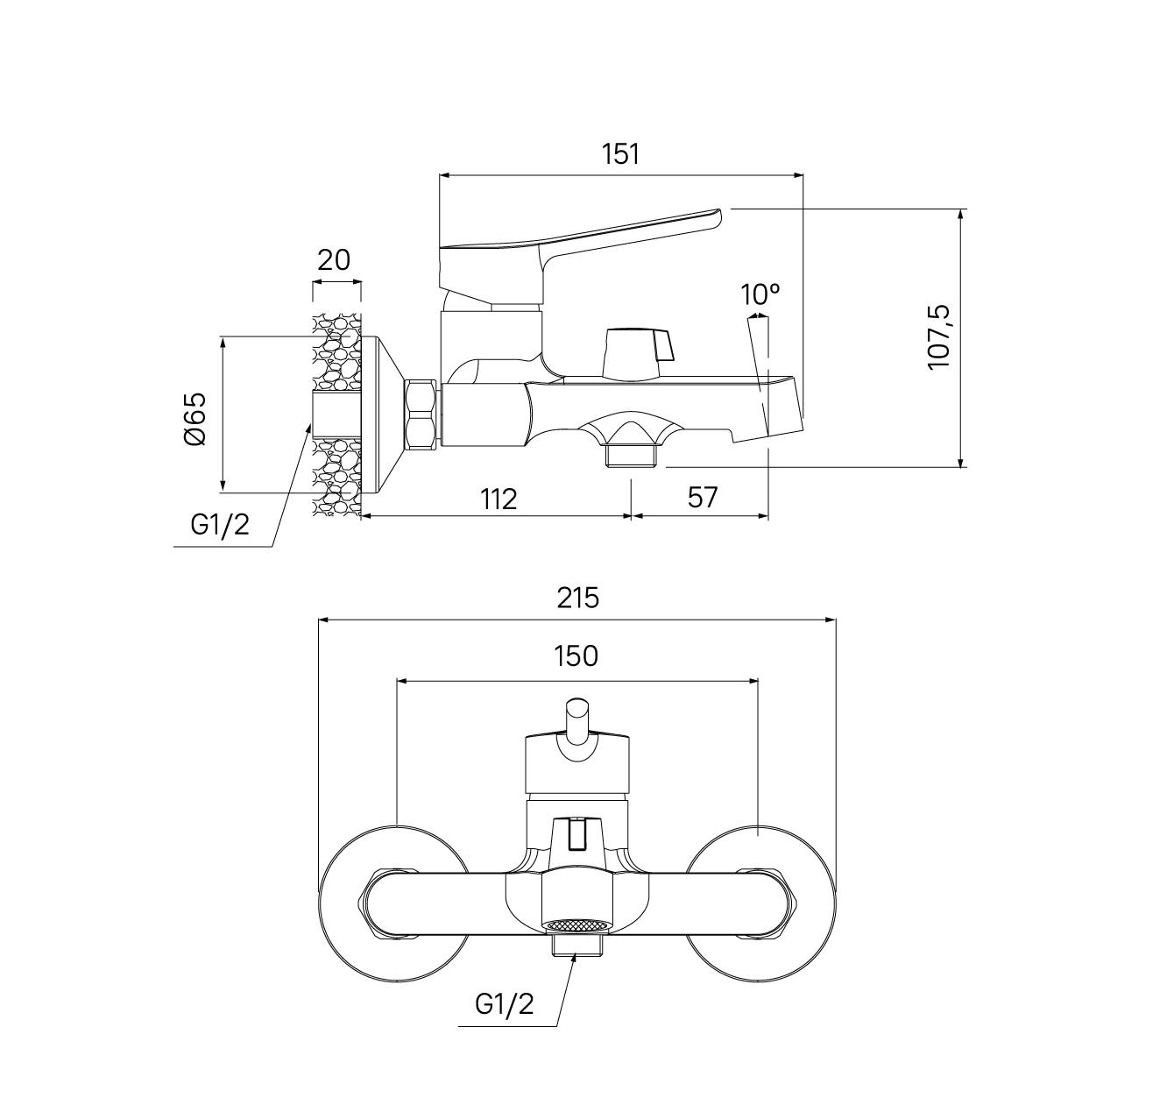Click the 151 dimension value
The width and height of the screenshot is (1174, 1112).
tap(619, 153)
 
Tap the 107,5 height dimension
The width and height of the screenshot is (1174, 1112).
tap(938, 337)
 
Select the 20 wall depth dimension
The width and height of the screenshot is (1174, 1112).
tap(333, 260)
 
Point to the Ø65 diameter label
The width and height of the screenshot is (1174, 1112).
tap(195, 418)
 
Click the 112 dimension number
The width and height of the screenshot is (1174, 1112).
tap(499, 499)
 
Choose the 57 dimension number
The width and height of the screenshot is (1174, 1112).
tap(703, 497)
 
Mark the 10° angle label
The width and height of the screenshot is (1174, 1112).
tap(760, 294)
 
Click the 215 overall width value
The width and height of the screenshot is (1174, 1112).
tap(577, 598)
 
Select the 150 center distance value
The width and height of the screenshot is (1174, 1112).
tap(576, 656)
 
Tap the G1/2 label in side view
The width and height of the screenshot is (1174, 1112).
tap(220, 525)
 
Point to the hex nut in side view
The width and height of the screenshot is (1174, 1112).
tap(421, 414)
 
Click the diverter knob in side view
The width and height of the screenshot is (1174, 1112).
tap(638, 353)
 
